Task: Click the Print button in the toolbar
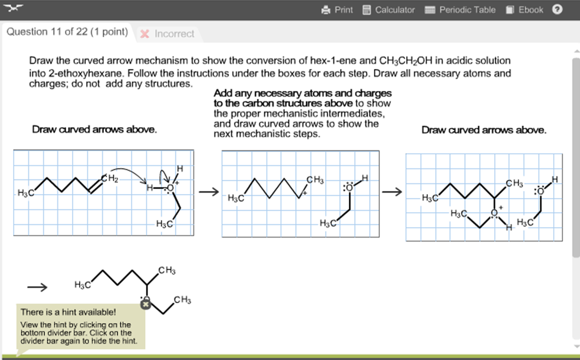pos(337,10)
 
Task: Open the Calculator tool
pos(389,10)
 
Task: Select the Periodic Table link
pos(460,10)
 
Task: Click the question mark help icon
pos(557,9)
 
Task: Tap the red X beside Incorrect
pos(145,34)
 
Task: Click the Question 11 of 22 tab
pos(67,32)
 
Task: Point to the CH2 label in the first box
pos(110,178)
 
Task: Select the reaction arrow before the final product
pos(37,287)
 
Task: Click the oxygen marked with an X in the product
pos(145,304)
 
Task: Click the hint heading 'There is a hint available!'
pos(68,312)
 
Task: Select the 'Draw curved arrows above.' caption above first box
pos(94,130)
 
